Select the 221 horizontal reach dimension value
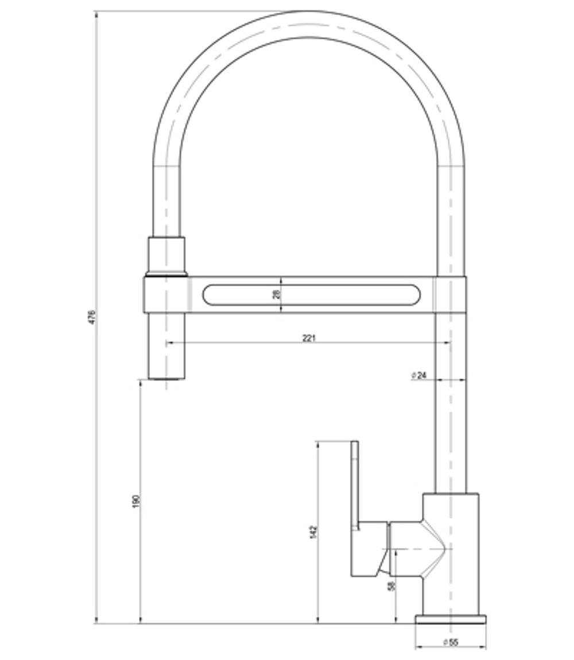pos(309,338)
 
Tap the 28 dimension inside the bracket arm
pos(276,294)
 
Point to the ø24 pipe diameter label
pos(419,375)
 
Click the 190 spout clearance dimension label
pos(136,501)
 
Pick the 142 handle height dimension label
pos(313,532)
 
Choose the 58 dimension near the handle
pos(391,587)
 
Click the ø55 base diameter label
pos(451,642)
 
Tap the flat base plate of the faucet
pos(451,619)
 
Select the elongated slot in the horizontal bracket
pos(311,295)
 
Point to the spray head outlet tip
pos(166,378)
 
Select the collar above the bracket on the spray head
pos(166,255)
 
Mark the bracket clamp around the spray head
pos(166,295)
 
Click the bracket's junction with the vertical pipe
pos(451,295)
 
